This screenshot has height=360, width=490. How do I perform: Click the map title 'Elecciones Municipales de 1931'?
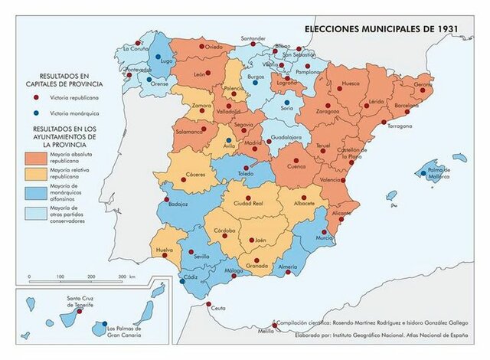click(x=380, y=28)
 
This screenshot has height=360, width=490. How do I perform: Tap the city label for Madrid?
click(x=253, y=142)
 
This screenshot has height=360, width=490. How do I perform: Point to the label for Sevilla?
click(x=202, y=257)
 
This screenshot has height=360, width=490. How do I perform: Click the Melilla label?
click(x=266, y=332)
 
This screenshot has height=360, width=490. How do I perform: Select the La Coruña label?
click(x=136, y=48)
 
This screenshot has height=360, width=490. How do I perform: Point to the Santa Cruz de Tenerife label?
click(x=80, y=301)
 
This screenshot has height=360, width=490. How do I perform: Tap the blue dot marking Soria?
click(x=287, y=102)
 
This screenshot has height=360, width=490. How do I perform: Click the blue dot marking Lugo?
click(x=158, y=57)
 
